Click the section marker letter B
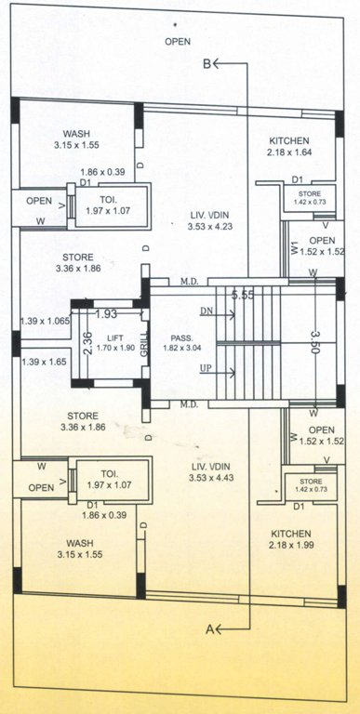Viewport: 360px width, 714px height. [207, 63]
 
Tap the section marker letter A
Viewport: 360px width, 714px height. [208, 629]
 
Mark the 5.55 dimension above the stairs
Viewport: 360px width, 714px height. [243, 295]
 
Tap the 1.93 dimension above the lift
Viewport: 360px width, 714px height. [105, 314]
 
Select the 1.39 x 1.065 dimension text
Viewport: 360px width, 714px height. [43, 321]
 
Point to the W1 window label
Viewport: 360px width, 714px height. [294, 248]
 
